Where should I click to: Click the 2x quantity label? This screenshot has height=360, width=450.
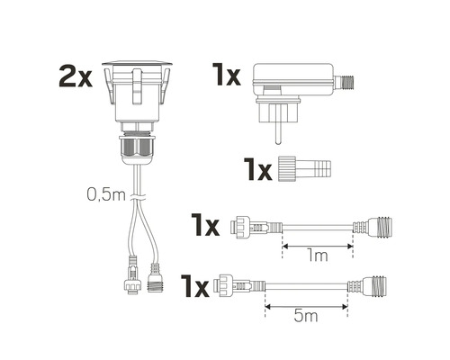(x=76, y=76)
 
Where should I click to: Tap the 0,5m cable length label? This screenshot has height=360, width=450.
(x=106, y=194)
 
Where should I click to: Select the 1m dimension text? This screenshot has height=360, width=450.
(x=317, y=256)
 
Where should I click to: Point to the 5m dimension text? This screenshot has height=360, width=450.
(x=306, y=316)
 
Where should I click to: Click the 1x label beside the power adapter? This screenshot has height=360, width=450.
(x=226, y=75)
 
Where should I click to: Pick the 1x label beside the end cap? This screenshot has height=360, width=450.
(x=257, y=169)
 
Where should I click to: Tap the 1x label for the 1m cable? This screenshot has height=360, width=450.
(x=205, y=224)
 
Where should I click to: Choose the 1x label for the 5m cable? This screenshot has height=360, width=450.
(x=194, y=285)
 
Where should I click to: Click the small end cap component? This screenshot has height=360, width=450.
(x=304, y=168)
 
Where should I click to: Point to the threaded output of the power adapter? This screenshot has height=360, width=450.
(x=345, y=81)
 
